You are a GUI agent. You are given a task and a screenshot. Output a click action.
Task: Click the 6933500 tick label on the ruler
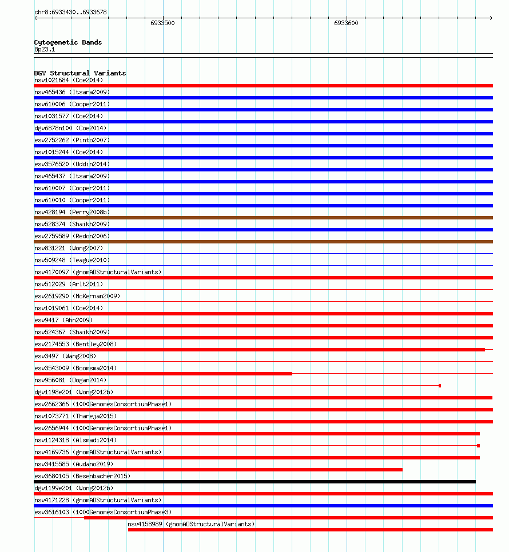[x=162, y=23]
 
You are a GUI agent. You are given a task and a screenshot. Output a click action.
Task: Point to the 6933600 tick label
[x=346, y=23]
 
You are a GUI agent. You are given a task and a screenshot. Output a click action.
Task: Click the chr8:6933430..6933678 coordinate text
[x=70, y=12]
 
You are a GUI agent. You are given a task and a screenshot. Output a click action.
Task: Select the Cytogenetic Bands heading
[x=67, y=42]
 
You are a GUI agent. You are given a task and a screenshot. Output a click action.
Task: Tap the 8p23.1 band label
[x=45, y=49]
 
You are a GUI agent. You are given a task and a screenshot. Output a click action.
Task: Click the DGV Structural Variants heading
[x=79, y=73]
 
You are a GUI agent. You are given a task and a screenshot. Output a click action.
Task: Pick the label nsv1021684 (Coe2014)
[x=68, y=80]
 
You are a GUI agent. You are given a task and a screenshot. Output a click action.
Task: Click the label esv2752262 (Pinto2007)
[x=71, y=140]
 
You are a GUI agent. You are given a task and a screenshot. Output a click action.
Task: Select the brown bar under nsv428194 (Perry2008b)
[x=263, y=218]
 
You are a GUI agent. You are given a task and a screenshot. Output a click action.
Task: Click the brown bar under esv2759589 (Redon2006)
[x=263, y=242]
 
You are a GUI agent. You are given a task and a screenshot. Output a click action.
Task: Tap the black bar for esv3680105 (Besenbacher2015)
[x=254, y=482]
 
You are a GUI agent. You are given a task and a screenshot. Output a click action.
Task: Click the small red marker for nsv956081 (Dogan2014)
[x=440, y=386]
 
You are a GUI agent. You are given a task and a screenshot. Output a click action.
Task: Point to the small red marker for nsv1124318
[x=478, y=446]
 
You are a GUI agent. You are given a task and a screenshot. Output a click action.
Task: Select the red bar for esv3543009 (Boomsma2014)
[x=163, y=374]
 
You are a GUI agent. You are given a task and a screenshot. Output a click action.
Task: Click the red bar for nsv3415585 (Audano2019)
[x=218, y=470]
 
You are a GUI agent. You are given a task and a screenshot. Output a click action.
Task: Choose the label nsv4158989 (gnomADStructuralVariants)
[x=191, y=524]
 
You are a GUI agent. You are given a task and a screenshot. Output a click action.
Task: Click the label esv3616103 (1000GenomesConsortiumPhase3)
[x=102, y=512]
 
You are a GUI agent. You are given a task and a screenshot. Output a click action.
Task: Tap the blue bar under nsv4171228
[x=263, y=506]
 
